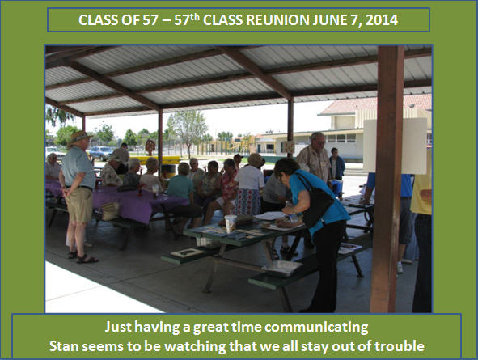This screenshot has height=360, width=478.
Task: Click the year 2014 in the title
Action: coord(382,20)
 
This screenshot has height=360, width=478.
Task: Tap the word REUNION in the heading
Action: coord(278,20)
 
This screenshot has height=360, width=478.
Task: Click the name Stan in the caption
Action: coord(63,346)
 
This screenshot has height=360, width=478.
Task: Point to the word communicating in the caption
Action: coord(316,328)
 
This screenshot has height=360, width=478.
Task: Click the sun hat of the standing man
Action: coord(80,137)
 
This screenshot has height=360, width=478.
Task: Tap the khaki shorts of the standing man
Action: coord(79,205)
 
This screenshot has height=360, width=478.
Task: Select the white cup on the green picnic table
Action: coord(231,222)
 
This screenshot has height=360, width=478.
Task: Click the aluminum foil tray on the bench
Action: coord(282,269)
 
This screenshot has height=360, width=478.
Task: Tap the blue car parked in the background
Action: coord(101,153)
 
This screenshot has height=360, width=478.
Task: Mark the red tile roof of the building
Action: coord(378,104)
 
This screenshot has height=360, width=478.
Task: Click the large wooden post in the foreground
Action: coord(387,180)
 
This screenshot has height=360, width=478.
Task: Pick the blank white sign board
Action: coord(396,146)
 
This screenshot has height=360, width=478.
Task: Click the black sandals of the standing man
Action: coord(83,257)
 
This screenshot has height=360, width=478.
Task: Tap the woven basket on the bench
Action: coord(110,211)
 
